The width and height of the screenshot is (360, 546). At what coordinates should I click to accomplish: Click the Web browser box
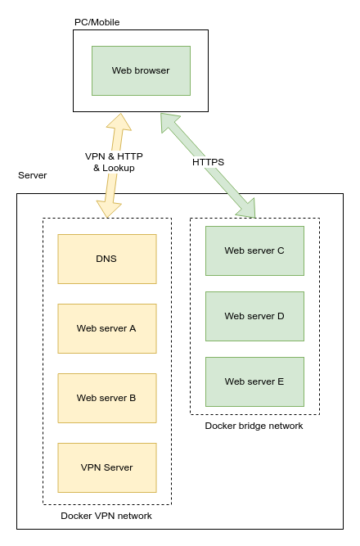click(141, 70)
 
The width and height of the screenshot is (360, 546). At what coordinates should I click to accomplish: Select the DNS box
click(106, 259)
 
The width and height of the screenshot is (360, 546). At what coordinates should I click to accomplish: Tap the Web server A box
click(106, 328)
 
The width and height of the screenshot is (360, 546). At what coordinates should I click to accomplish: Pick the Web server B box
click(106, 398)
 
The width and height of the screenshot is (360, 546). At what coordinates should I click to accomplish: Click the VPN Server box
click(106, 467)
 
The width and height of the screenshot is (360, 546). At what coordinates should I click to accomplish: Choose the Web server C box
click(254, 250)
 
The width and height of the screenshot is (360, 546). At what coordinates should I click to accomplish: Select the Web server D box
click(254, 316)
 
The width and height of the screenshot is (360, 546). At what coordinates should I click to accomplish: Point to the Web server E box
click(254, 381)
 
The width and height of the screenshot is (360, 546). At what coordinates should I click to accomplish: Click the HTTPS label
click(208, 162)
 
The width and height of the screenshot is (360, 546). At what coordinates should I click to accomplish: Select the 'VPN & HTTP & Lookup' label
click(113, 161)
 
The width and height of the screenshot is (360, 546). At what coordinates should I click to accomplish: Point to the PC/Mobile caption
click(97, 22)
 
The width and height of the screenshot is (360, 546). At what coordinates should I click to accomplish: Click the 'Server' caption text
click(33, 176)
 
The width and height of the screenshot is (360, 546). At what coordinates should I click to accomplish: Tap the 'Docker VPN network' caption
click(106, 516)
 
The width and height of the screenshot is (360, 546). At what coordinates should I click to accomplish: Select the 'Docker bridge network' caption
click(254, 426)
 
